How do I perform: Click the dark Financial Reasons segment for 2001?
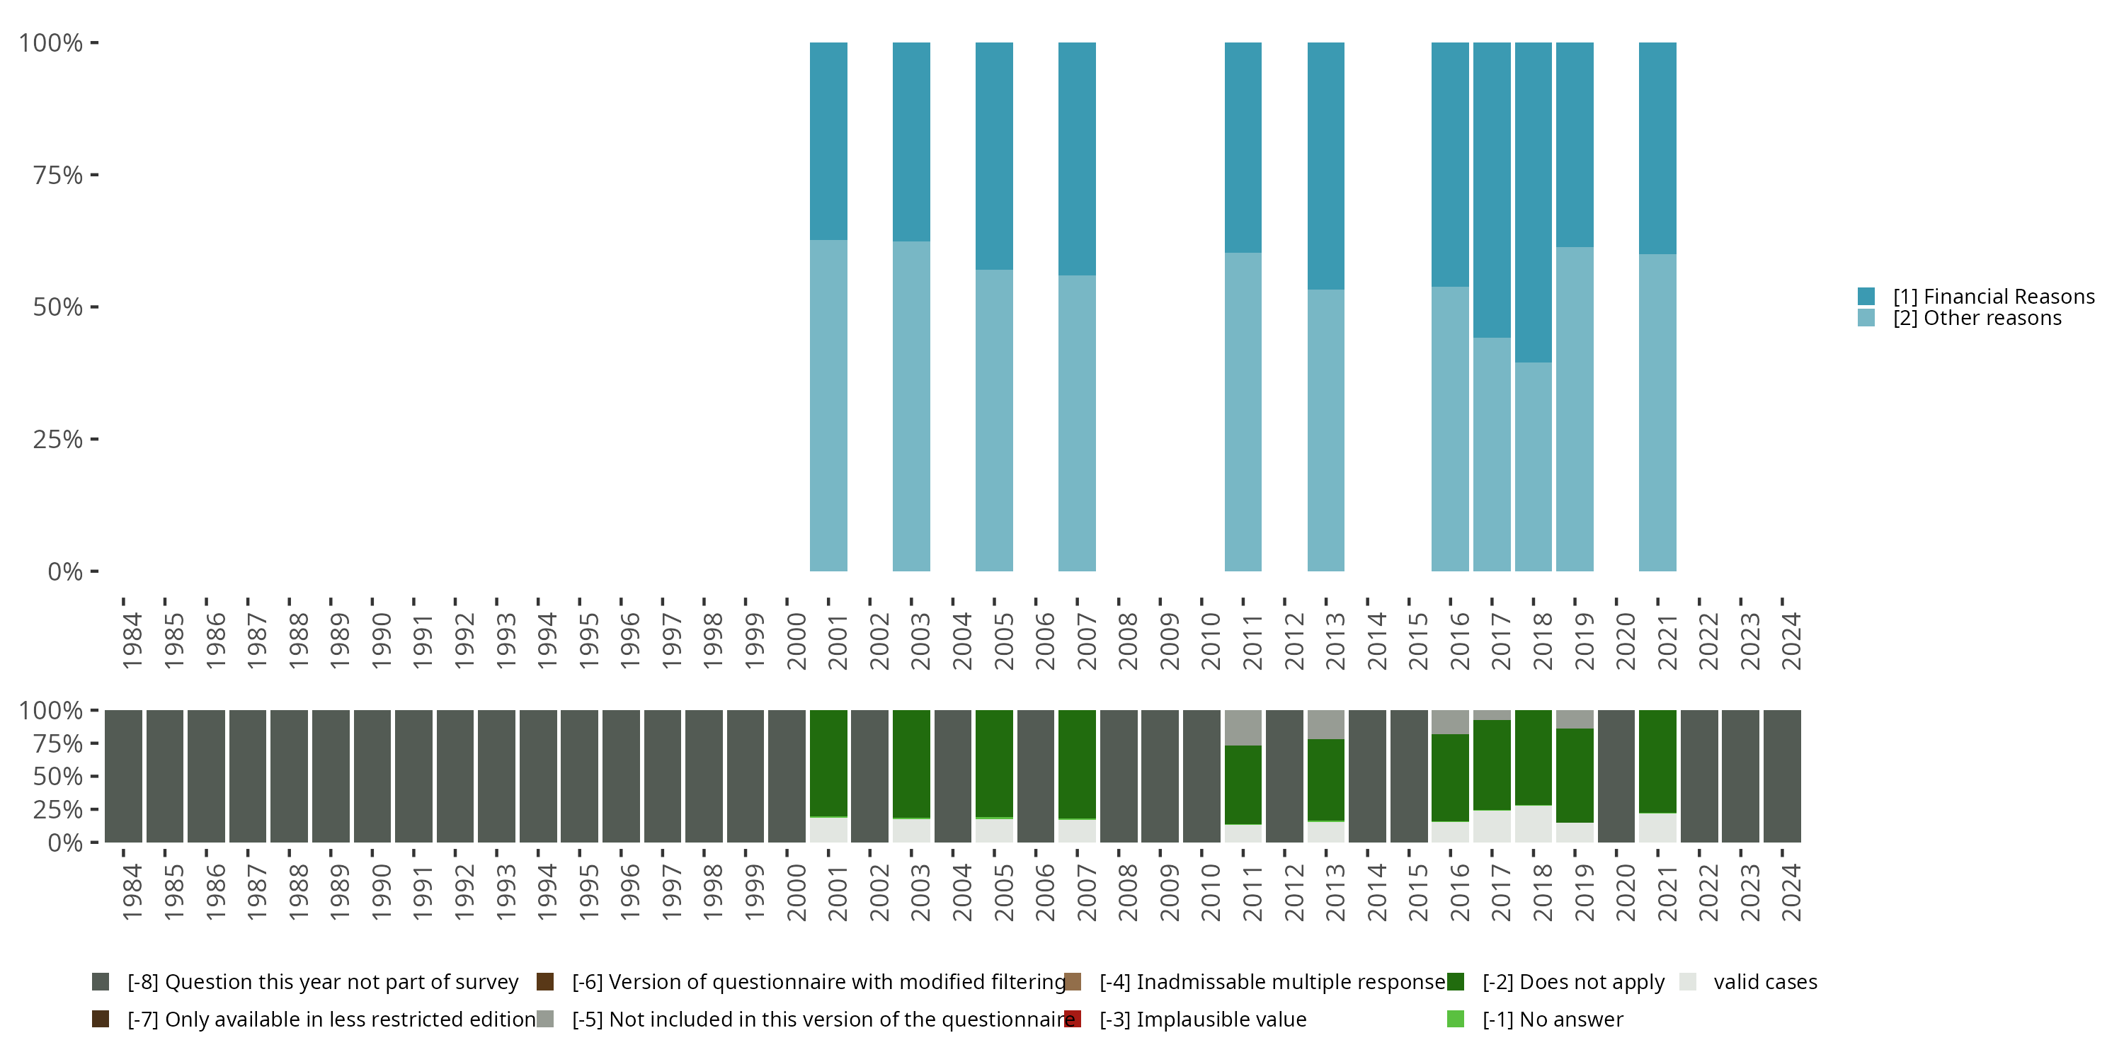coord(828,141)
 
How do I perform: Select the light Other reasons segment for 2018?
coord(1533,467)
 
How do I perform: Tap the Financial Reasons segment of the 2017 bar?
coord(1492,190)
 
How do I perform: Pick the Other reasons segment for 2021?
coord(1657,412)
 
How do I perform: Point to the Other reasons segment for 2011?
coord(1243,411)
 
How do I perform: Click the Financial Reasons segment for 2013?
coord(1326,166)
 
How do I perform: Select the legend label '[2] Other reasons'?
coord(1977,319)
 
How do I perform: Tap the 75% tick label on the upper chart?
coord(58,175)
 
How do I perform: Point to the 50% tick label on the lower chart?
coord(58,777)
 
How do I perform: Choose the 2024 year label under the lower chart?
coord(1791,892)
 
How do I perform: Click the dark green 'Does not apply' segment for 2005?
coord(993,763)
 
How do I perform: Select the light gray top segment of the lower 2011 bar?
coord(1243,727)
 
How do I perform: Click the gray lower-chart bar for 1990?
coord(372,776)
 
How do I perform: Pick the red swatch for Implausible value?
coord(1073,1019)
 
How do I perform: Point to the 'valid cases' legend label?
coord(1765,982)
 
